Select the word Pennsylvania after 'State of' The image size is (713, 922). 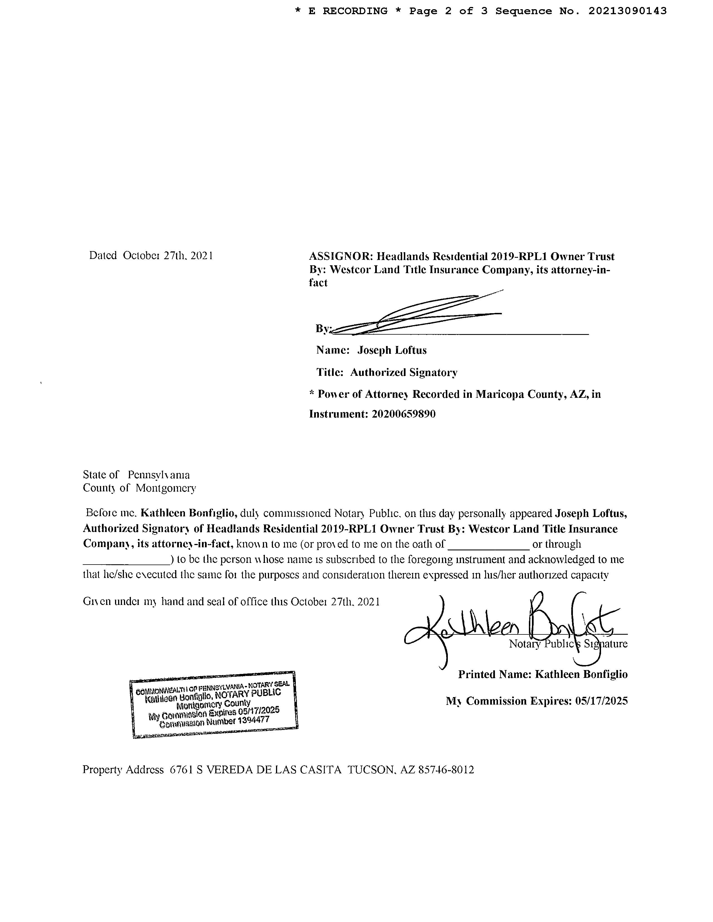pyautogui.click(x=159, y=475)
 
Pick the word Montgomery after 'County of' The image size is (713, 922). pyautogui.click(x=166, y=489)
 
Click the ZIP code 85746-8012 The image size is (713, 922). pyautogui.click(x=446, y=770)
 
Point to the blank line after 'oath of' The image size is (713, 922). pyautogui.click(x=488, y=547)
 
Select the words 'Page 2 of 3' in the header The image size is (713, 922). pyautogui.click(x=448, y=11)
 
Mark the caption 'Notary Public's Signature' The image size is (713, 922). pyautogui.click(x=568, y=644)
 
